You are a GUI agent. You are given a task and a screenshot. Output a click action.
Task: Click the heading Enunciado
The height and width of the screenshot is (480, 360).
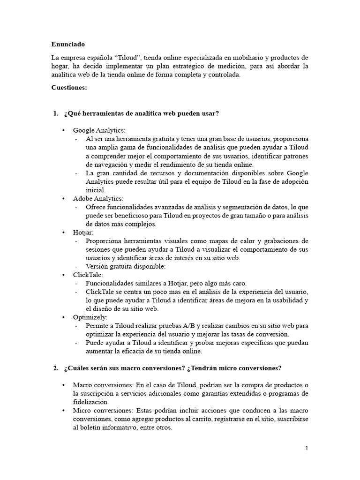point(68,45)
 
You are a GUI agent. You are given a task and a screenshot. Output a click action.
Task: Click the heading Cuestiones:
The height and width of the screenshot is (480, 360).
point(69,87)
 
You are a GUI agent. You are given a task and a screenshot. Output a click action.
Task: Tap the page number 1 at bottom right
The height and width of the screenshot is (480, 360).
point(307,449)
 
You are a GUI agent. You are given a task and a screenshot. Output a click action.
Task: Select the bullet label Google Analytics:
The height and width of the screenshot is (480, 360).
point(99,130)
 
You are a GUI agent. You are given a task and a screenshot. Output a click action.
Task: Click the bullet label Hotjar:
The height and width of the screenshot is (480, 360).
point(83,232)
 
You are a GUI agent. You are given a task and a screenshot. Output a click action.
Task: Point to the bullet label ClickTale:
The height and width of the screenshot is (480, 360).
point(88,275)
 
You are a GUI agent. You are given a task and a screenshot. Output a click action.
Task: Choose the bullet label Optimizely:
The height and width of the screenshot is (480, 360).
point(90,317)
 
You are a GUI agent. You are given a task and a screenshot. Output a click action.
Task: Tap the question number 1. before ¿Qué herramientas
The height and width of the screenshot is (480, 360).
point(56,114)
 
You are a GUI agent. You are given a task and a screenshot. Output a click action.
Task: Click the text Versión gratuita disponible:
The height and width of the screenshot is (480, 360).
point(126,266)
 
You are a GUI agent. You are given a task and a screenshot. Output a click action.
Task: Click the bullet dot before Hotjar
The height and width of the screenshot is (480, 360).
point(64,232)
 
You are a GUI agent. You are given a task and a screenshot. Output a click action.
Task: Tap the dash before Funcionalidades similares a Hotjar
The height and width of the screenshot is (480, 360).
point(77,284)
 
